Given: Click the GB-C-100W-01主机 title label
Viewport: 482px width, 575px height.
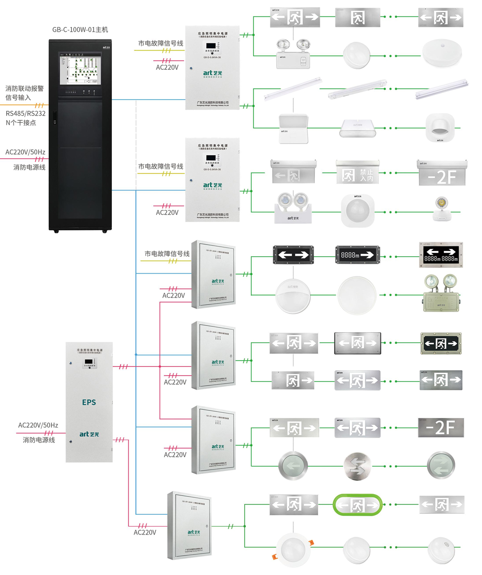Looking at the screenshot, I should click(80, 29).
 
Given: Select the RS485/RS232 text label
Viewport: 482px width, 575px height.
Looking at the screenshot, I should click(26, 113).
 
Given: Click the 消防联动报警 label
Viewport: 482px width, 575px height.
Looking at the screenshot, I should click(25, 89).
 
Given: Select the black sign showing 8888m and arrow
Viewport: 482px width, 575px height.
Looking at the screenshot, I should click(357, 255).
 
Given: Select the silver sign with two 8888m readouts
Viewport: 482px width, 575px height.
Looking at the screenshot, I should click(441, 255).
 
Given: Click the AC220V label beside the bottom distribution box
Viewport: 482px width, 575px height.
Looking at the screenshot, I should click(145, 533).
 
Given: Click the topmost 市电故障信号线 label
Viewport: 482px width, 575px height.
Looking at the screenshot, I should click(161, 43).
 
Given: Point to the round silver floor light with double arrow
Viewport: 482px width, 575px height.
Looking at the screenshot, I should click(357, 465).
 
